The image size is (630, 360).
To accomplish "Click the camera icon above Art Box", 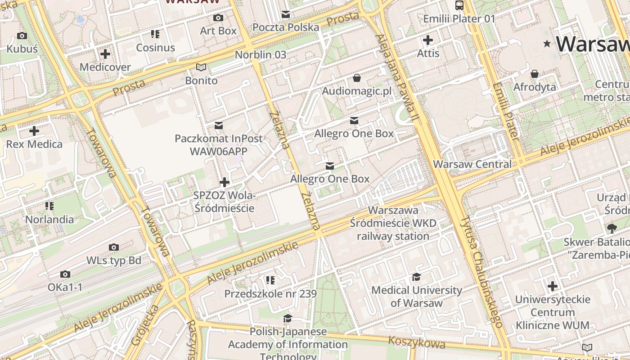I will pyautogui.click(x=218, y=18).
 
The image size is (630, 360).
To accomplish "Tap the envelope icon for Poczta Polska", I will pyautogui.click(x=286, y=14).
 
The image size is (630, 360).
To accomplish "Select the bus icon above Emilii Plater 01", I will pyautogui.click(x=459, y=5).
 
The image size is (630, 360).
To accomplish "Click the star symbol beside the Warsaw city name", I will pyautogui.click(x=547, y=44).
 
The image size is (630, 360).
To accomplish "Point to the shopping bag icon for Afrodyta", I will pyautogui.click(x=535, y=74).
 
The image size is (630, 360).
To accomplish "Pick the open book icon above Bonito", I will pyautogui.click(x=201, y=67).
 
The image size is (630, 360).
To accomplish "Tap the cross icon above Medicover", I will pyautogui.click(x=105, y=54).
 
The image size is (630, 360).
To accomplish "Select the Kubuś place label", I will pyautogui.click(x=22, y=49).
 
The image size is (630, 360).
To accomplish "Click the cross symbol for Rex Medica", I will pyautogui.click(x=34, y=131).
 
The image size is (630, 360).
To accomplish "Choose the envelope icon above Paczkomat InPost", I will pyautogui.click(x=219, y=125).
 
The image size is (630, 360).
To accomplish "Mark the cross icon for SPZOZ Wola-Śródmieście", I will pyautogui.click(x=224, y=182).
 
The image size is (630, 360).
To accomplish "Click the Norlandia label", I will pyautogui.click(x=49, y=219).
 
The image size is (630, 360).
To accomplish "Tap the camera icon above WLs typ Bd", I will pyautogui.click(x=114, y=247).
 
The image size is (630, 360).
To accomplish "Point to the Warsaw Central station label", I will pyautogui.click(x=472, y=164).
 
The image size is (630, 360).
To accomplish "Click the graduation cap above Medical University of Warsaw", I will pyautogui.click(x=417, y=277).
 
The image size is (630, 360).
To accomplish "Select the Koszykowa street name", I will pyautogui.click(x=417, y=342).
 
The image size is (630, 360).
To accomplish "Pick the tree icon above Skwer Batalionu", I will pyautogui.click(x=612, y=229).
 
